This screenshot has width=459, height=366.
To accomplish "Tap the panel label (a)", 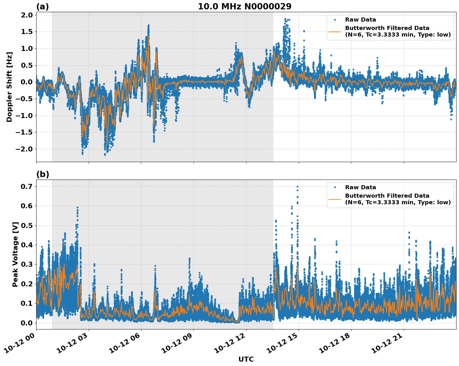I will click(42, 7).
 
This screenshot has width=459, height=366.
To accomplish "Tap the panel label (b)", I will click(42, 175).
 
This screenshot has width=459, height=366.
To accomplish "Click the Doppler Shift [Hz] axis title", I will click(9, 87).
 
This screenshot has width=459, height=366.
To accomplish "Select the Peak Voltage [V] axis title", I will click(15, 254).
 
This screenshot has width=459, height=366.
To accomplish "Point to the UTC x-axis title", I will click(246, 359).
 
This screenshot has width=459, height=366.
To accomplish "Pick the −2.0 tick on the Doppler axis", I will click(24, 149).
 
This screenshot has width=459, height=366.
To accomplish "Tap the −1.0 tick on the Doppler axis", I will click(24, 116).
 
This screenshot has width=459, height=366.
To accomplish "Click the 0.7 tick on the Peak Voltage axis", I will click(27, 186).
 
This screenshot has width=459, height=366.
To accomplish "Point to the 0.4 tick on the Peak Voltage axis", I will click(27, 245).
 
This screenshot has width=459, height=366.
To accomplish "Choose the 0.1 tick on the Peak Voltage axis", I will click(27, 303).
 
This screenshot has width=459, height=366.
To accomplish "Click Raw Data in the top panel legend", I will click(360, 20).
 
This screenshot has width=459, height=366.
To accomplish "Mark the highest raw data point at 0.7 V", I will click(297, 186).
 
